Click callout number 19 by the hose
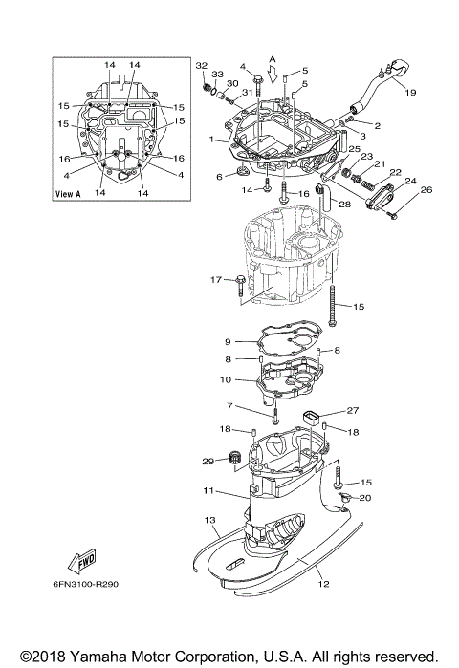coord(409,93)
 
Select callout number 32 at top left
coord(201,65)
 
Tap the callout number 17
coord(216,279)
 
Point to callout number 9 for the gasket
coord(229,341)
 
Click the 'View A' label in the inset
coord(72,193)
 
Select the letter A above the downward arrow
coord(273,58)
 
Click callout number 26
coord(426,189)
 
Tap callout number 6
coord(219,177)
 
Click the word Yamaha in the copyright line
coord(97,656)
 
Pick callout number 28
coord(344,204)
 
